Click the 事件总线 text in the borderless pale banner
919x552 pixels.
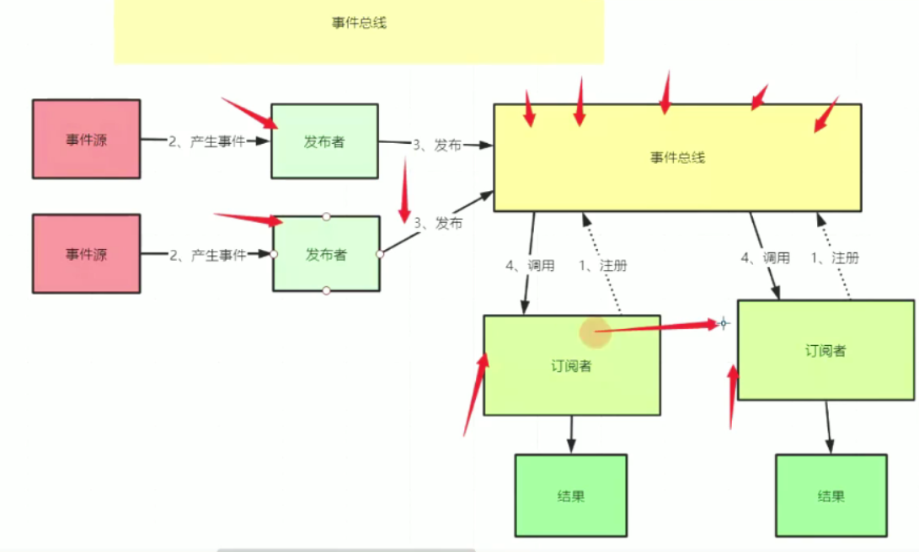coord(359,24)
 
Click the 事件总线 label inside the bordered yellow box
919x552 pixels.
coord(677,157)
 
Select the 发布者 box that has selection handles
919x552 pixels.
coord(326,254)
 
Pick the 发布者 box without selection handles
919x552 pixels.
coord(324,141)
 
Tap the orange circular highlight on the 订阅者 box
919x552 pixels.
coord(596,332)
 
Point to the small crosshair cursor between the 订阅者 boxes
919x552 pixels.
coord(722,323)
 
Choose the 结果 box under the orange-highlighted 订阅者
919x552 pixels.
coord(570,496)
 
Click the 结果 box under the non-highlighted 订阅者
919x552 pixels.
coord(831,496)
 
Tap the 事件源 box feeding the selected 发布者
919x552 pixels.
coord(86,253)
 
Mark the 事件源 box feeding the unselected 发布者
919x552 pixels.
coord(86,140)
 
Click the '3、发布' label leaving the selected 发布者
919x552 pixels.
coord(438,223)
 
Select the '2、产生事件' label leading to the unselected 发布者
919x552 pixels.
coord(206,142)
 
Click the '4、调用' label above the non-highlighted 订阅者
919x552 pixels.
coord(766,258)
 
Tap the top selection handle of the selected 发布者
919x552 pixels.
coord(326,216)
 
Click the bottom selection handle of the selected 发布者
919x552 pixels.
coord(326,291)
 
